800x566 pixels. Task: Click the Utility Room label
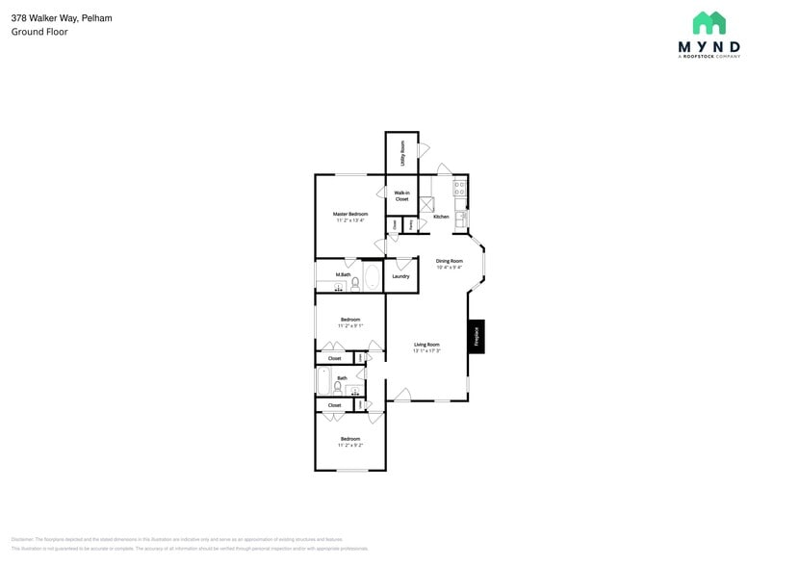point(402,152)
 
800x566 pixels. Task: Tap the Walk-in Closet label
point(401,196)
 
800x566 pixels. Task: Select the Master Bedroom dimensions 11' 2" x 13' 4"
point(350,220)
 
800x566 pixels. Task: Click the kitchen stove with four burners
point(460,190)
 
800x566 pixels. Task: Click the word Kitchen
point(441,217)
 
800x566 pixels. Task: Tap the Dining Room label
point(450,261)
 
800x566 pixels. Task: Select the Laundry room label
point(400,276)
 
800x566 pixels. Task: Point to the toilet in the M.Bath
point(354,283)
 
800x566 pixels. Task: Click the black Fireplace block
point(476,336)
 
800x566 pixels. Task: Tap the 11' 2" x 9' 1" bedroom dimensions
point(350,326)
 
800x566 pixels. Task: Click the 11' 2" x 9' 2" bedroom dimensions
point(350,446)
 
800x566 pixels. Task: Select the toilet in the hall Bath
point(340,387)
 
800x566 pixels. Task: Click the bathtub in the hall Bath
point(324,382)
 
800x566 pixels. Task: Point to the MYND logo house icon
point(709,23)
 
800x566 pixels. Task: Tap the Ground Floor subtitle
point(39,32)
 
